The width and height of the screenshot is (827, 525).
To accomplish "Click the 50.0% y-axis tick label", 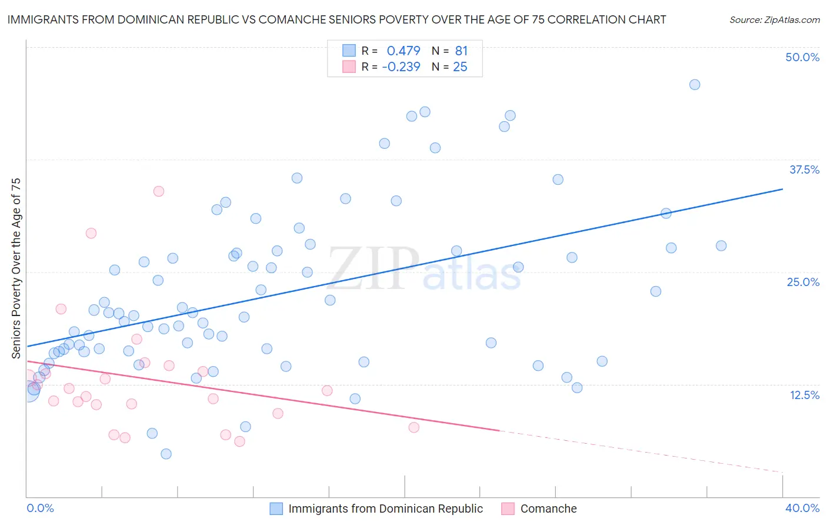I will (x=802, y=57).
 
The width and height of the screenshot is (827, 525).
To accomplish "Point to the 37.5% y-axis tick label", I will (x=804, y=170).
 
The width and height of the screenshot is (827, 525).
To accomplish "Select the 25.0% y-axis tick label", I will (x=803, y=282).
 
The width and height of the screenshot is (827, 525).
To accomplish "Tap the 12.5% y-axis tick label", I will (x=804, y=395).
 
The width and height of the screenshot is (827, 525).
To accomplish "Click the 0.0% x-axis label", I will (x=40, y=508).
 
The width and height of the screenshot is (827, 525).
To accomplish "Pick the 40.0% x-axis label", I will (x=802, y=508).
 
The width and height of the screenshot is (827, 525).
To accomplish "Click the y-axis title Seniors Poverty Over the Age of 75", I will (x=16, y=268).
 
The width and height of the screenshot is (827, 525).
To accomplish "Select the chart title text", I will (x=336, y=19).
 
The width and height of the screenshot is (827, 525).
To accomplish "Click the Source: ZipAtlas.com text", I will (x=774, y=19).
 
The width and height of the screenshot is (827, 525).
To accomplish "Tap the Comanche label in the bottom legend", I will (x=548, y=509).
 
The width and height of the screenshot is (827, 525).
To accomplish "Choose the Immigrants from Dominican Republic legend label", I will (x=385, y=509).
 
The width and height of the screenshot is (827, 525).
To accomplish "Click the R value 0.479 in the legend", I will (x=403, y=51).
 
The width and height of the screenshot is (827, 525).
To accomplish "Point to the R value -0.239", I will (x=401, y=67).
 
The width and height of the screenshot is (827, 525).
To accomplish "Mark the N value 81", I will (x=461, y=51).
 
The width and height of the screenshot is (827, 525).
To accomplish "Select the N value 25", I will (x=460, y=67).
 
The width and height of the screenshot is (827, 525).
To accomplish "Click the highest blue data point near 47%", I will (x=695, y=85).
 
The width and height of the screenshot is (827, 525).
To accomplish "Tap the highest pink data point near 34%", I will (x=158, y=191).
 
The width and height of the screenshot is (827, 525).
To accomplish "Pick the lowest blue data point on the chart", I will (x=166, y=454).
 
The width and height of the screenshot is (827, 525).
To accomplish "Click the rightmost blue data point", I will (x=721, y=246).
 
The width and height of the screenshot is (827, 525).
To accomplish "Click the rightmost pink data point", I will (x=413, y=427).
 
